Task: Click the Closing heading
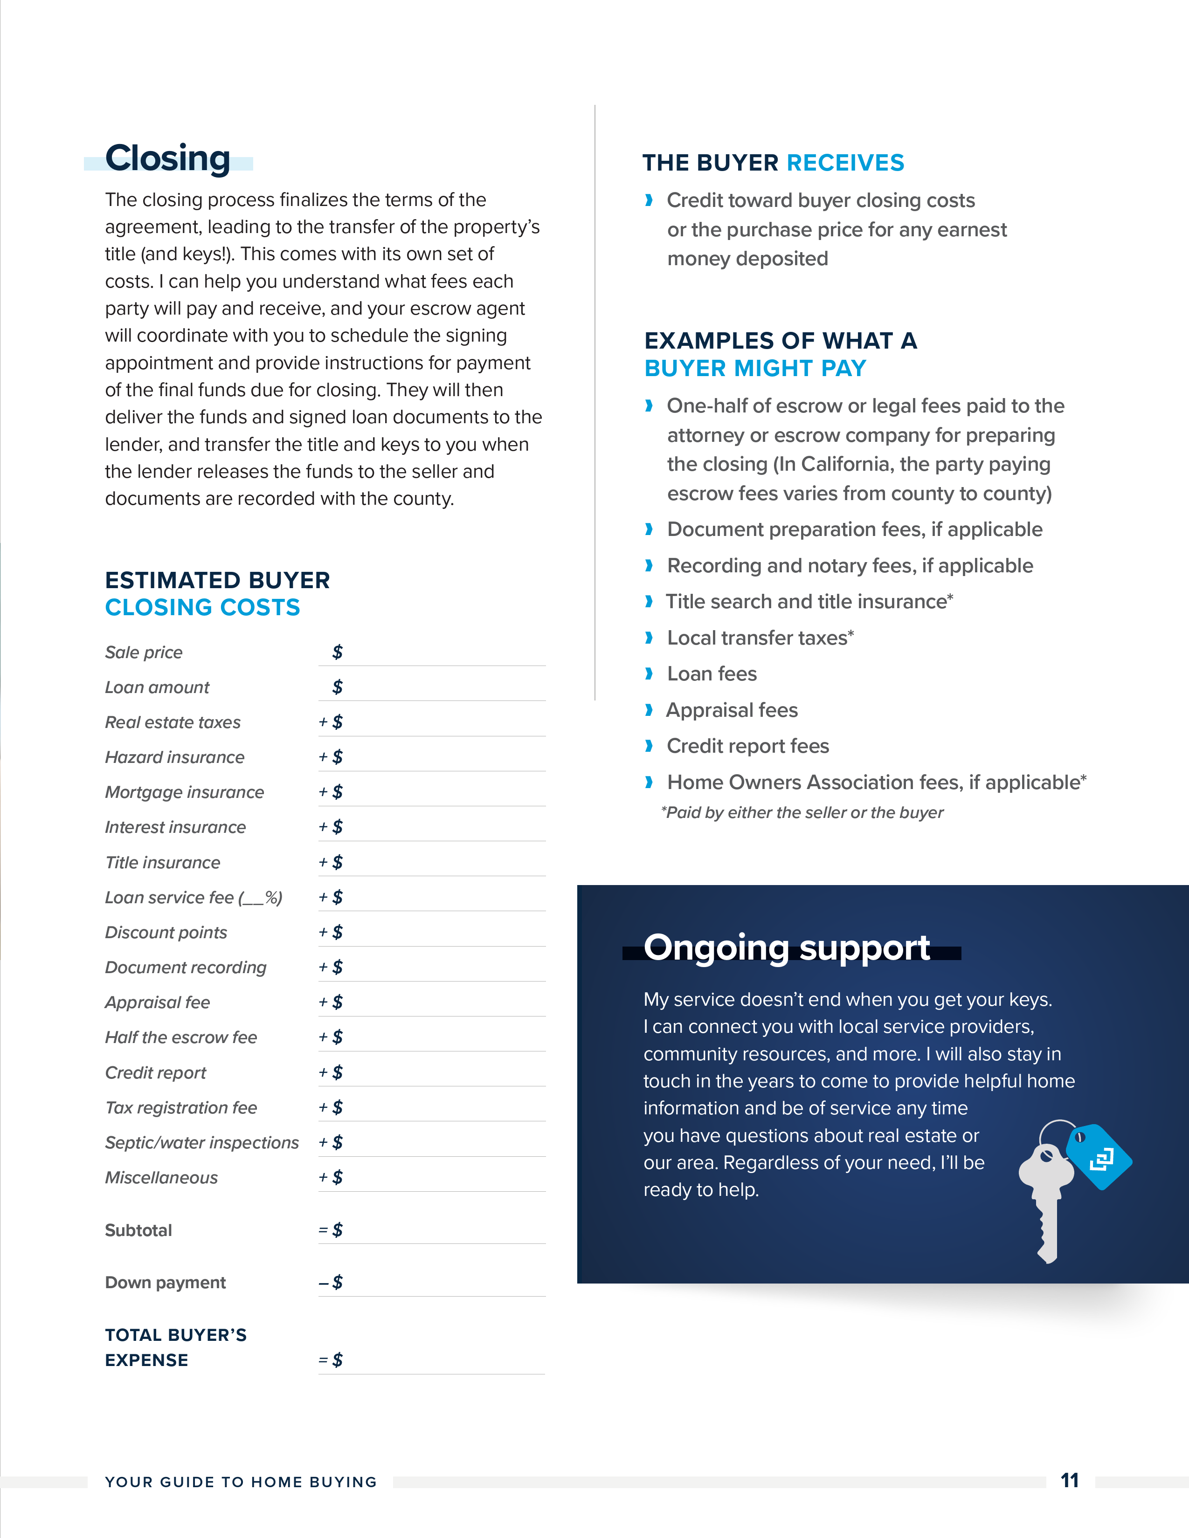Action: coord(168,158)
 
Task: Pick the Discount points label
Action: coord(166,933)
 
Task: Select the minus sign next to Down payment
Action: coord(323,1283)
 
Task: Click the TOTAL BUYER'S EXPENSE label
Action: coord(175,1347)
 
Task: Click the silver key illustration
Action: coord(1046,1197)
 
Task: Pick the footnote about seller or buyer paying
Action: coord(802,813)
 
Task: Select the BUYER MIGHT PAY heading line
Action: coord(755,368)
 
